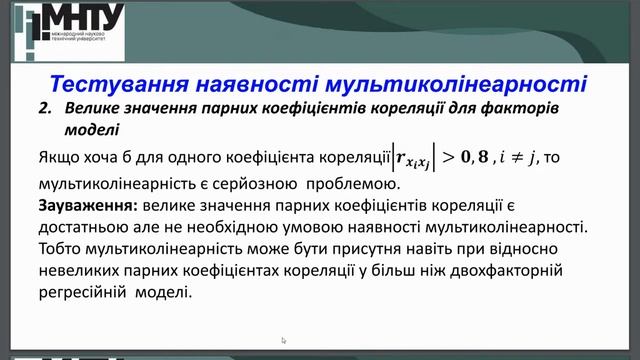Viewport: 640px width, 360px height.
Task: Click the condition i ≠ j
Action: coord(521,157)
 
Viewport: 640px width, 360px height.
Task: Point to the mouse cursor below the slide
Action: coord(284,340)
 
